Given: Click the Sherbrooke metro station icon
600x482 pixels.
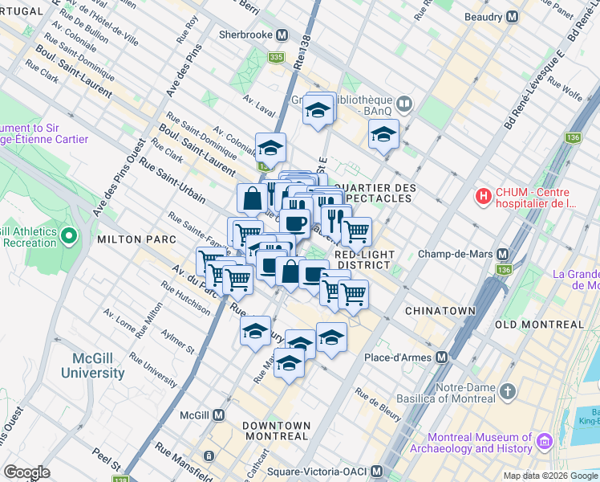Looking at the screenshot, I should (282, 35).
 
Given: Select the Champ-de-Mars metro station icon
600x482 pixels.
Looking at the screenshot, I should (503, 254).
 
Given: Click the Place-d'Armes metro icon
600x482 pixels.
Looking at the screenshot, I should (440, 357).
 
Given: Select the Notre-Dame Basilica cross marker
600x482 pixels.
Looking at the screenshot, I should (506, 391).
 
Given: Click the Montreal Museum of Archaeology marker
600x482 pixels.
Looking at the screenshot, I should (545, 442).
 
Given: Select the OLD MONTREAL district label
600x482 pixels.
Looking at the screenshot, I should (539, 325).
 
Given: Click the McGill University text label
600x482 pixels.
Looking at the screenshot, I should (95, 366).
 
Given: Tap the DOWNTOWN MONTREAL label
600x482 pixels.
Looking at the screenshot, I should (277, 431).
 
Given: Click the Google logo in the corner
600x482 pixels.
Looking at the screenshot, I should (26, 472).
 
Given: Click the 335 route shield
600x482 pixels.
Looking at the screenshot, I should (276, 57).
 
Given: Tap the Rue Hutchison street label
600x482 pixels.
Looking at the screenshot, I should (185, 297).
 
